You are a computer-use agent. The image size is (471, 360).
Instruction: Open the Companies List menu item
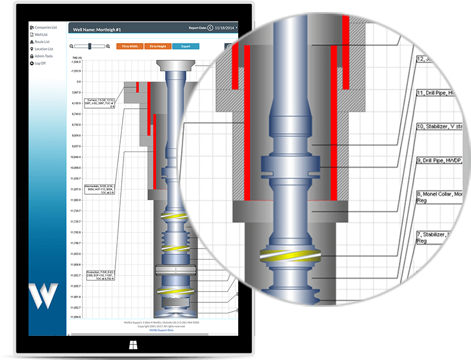(x=46, y=27)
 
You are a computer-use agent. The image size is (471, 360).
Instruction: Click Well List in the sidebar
(x=42, y=35)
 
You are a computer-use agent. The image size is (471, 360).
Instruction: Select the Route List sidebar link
(x=42, y=42)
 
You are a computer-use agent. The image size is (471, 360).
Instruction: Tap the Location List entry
(x=44, y=49)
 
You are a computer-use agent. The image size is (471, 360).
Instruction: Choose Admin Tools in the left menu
(x=43, y=56)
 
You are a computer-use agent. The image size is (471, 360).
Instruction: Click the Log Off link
(x=40, y=63)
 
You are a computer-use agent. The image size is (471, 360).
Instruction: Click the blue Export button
(x=186, y=47)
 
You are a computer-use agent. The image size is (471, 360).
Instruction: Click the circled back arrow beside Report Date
(x=210, y=27)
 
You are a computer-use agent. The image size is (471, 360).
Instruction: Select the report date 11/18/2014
(x=225, y=27)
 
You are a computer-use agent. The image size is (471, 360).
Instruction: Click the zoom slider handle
(x=89, y=47)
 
